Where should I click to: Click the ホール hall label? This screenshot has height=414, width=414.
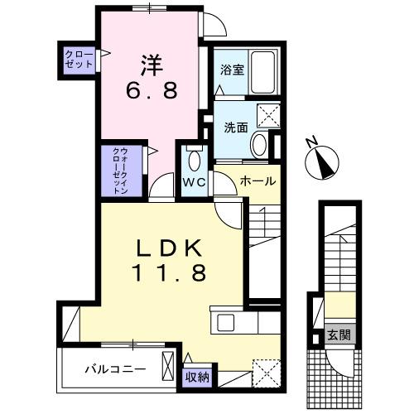click(x=258, y=181)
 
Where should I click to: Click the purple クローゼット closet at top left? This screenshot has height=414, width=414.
click(x=79, y=59)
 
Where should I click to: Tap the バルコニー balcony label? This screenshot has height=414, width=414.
click(x=115, y=367)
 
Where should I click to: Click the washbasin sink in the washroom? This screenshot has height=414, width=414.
click(x=258, y=146)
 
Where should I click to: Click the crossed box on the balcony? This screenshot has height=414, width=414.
click(x=169, y=364)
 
